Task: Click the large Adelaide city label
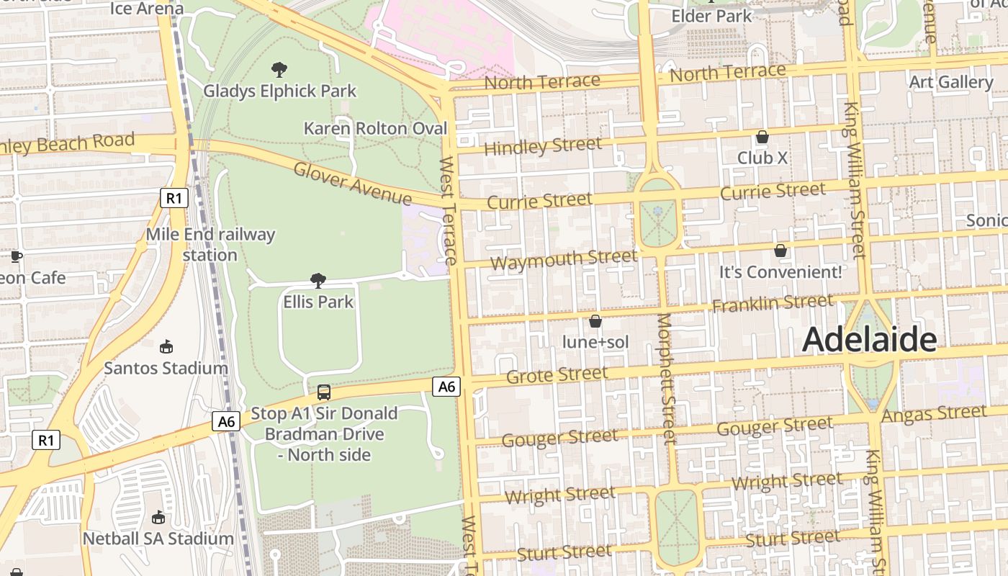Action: tap(869, 339)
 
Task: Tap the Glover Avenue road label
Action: tap(352, 184)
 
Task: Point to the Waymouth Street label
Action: tap(563, 258)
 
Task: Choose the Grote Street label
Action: tap(557, 375)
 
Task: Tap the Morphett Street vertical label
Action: tap(666, 378)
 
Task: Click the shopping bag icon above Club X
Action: tap(762, 137)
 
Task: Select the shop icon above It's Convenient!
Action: tap(780, 251)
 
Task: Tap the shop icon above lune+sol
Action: tap(595, 321)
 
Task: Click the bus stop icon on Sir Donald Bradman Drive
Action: tap(324, 392)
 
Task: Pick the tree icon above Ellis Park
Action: tap(318, 280)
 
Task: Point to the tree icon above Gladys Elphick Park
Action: tap(279, 70)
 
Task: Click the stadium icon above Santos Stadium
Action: tap(166, 347)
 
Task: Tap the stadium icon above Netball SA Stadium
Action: tap(158, 517)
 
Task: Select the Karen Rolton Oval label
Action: tap(375, 128)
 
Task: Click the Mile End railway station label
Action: tap(210, 245)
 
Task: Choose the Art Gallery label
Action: tap(950, 82)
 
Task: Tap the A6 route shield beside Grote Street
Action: tap(446, 387)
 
